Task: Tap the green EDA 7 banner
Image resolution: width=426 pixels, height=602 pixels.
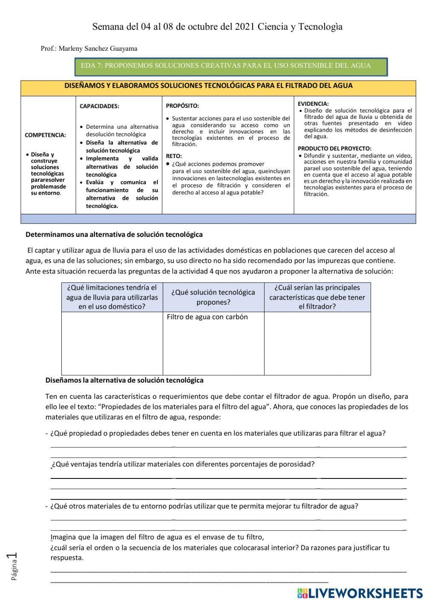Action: point(230,66)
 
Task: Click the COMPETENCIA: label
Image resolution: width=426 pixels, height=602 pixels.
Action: point(45,135)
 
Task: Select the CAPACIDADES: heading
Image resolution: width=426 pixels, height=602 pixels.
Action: point(99,107)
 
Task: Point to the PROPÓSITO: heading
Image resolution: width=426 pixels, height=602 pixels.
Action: point(182,106)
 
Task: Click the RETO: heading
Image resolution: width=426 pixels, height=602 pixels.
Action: point(173,156)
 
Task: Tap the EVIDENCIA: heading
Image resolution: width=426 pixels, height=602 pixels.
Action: point(313,104)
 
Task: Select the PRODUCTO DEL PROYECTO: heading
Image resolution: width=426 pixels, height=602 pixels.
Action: point(334,149)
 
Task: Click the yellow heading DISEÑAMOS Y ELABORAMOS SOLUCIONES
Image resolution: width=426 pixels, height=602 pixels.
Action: point(208,86)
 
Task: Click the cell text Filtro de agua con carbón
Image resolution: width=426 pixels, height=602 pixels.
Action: point(207,317)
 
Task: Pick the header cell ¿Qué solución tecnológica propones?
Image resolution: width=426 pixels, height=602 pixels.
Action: point(213,297)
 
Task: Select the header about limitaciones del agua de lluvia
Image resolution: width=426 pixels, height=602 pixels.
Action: point(112,297)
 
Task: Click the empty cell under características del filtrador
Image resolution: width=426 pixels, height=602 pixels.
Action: point(317,343)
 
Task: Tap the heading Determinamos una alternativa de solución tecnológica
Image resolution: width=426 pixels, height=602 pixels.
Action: point(114,234)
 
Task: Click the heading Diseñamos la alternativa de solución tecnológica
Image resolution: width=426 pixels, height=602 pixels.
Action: point(124,380)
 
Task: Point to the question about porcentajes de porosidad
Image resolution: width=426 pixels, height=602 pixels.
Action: point(183,464)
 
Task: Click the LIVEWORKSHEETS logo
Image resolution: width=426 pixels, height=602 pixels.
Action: point(360,593)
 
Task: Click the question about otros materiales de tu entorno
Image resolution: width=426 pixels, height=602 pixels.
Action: point(204,506)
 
